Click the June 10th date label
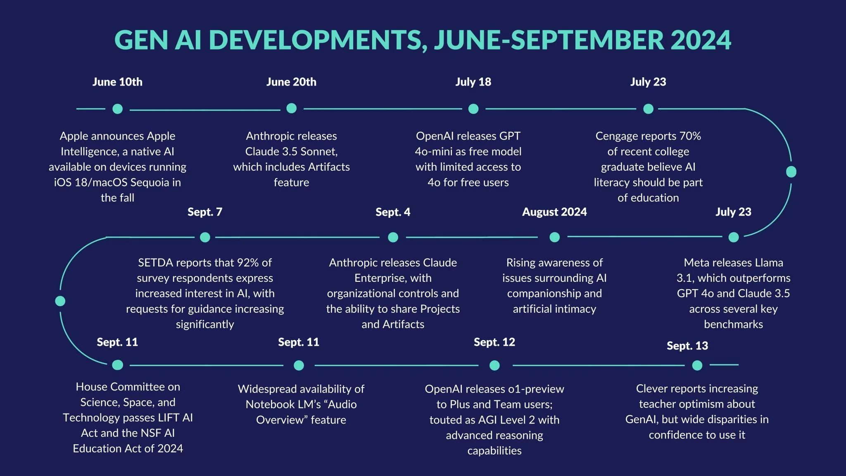(x=117, y=82)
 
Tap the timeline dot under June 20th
(x=291, y=108)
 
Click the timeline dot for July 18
(x=473, y=109)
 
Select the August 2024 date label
(x=554, y=212)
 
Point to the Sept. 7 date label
(x=205, y=212)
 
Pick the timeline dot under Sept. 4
(x=393, y=237)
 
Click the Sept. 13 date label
(x=687, y=345)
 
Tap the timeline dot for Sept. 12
(x=494, y=365)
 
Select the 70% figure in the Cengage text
(x=690, y=136)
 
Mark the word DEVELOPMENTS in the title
(x=318, y=40)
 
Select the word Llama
(x=769, y=262)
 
